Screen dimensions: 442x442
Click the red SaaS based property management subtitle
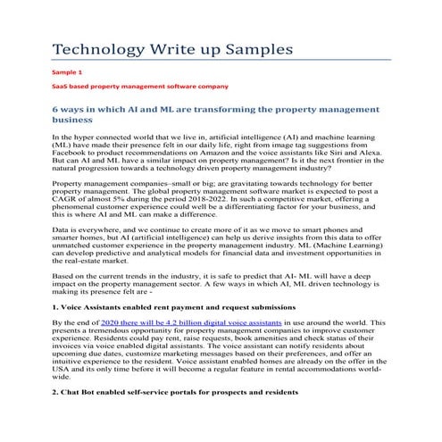(x=139, y=86)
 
